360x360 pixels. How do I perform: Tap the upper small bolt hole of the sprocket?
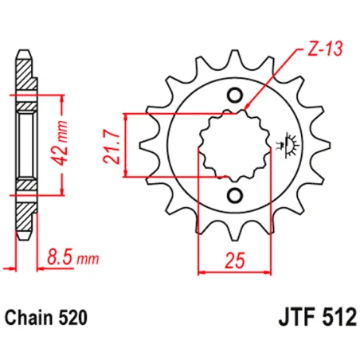[234, 96]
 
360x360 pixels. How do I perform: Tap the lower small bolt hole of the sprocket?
[234, 195]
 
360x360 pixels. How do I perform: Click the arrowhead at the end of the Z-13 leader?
[248, 108]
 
